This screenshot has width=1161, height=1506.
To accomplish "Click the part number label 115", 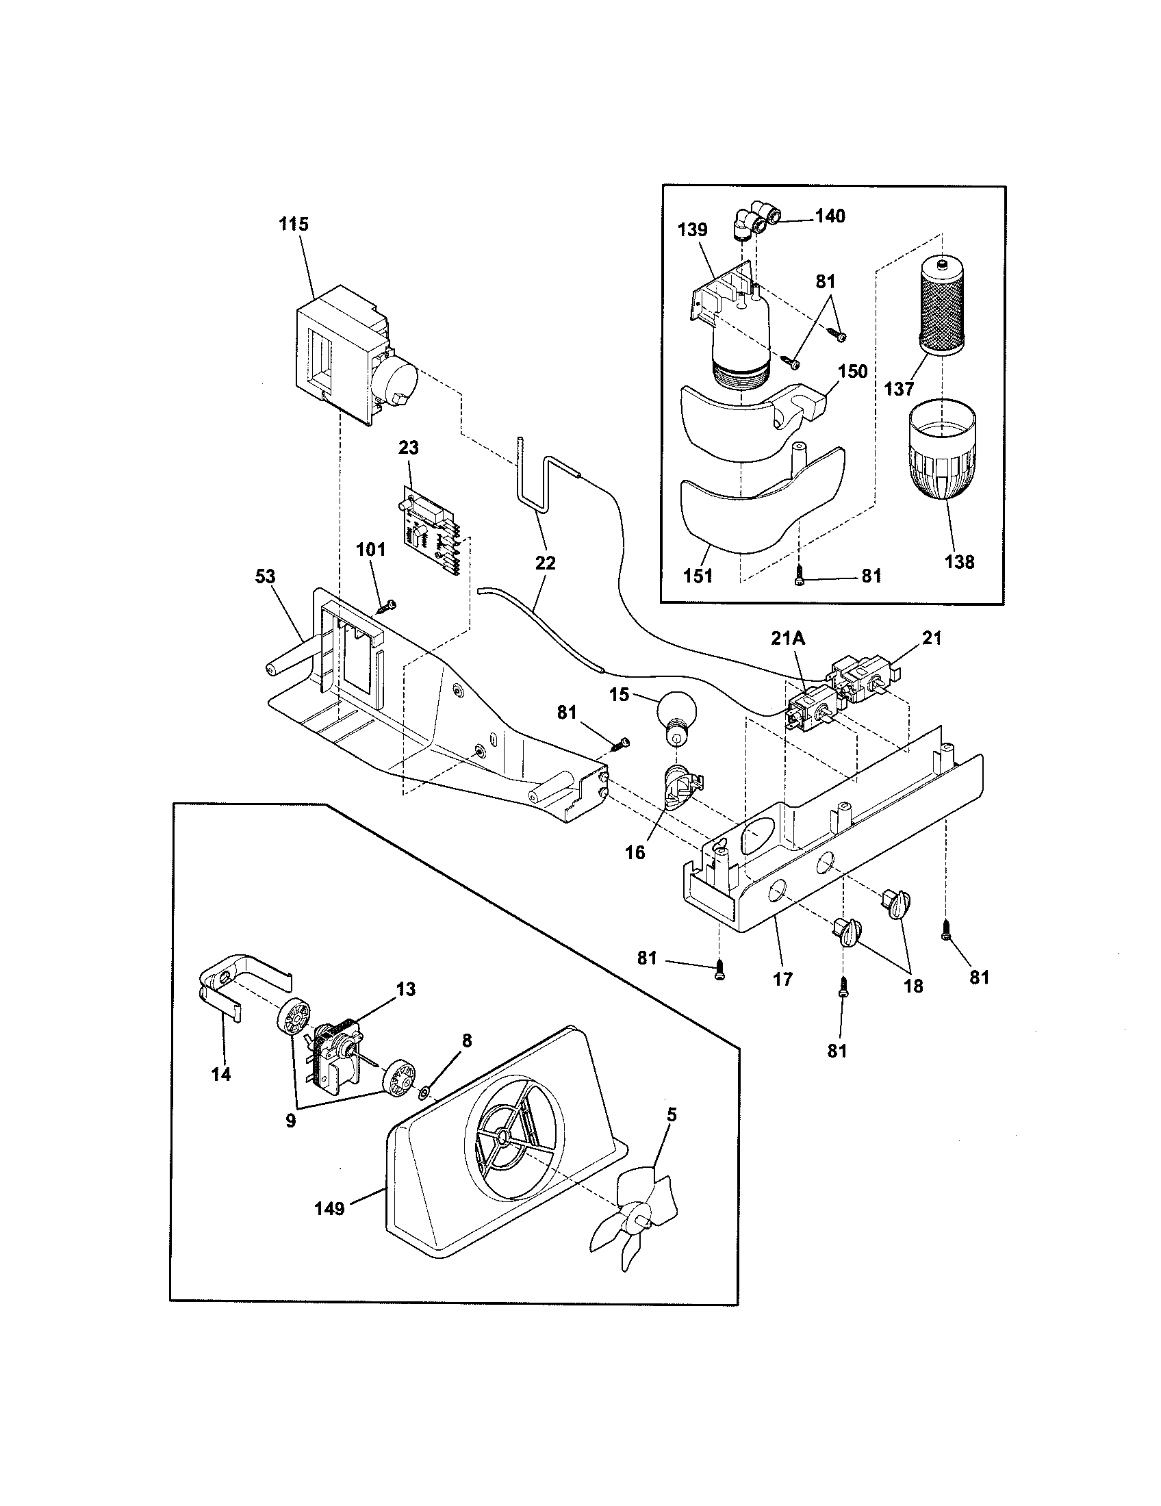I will (294, 224).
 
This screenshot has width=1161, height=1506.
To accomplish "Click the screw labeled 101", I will (387, 607).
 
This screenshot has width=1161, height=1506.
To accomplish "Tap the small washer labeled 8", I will (424, 1092).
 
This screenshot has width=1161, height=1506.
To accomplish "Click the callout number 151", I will (698, 575).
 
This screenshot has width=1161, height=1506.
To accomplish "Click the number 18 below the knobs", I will (913, 986).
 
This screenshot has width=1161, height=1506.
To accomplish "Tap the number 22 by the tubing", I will (545, 563).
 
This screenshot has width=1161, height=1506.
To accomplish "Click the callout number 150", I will (852, 372).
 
